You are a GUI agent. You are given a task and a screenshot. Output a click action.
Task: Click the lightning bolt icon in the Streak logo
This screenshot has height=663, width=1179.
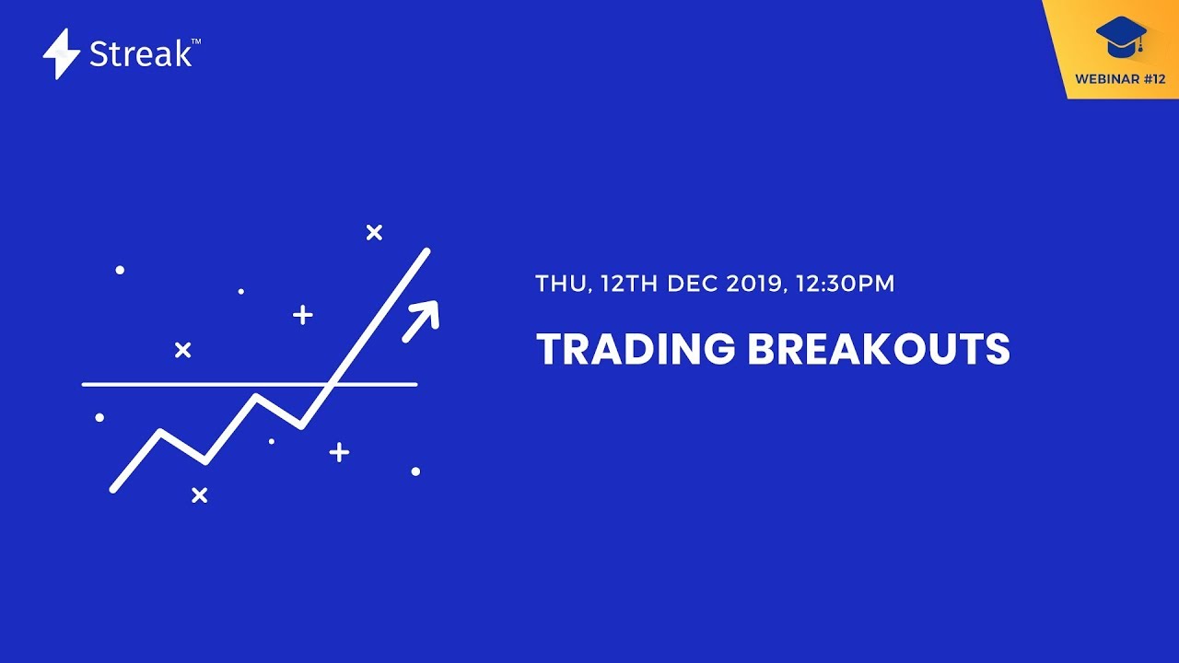[x=62, y=53]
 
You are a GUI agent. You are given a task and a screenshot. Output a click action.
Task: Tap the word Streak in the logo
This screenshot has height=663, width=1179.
[x=140, y=54]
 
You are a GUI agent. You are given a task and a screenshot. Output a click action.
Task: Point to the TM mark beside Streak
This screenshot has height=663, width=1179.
[x=195, y=42]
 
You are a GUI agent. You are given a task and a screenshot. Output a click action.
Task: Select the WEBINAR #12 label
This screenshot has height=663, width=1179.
[x=1120, y=79]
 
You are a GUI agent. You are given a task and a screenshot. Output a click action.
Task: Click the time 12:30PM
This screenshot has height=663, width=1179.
[x=845, y=284]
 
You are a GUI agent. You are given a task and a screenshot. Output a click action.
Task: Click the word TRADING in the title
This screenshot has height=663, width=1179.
[x=636, y=350]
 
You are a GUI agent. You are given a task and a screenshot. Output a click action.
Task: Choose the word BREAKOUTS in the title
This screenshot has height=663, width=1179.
[x=879, y=350]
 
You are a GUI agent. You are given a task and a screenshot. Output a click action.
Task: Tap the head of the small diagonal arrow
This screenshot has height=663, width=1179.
[x=431, y=308]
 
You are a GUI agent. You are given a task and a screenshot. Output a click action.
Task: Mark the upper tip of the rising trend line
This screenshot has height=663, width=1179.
[x=426, y=250]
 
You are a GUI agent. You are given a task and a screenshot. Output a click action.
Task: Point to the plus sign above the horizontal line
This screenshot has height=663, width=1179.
[x=302, y=316]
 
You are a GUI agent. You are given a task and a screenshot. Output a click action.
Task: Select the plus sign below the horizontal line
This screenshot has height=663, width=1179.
[x=339, y=452]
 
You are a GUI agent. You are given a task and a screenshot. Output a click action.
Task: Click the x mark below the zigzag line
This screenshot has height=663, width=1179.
[x=199, y=495]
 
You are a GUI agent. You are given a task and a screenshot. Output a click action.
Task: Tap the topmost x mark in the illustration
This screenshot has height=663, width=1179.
[x=374, y=233]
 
